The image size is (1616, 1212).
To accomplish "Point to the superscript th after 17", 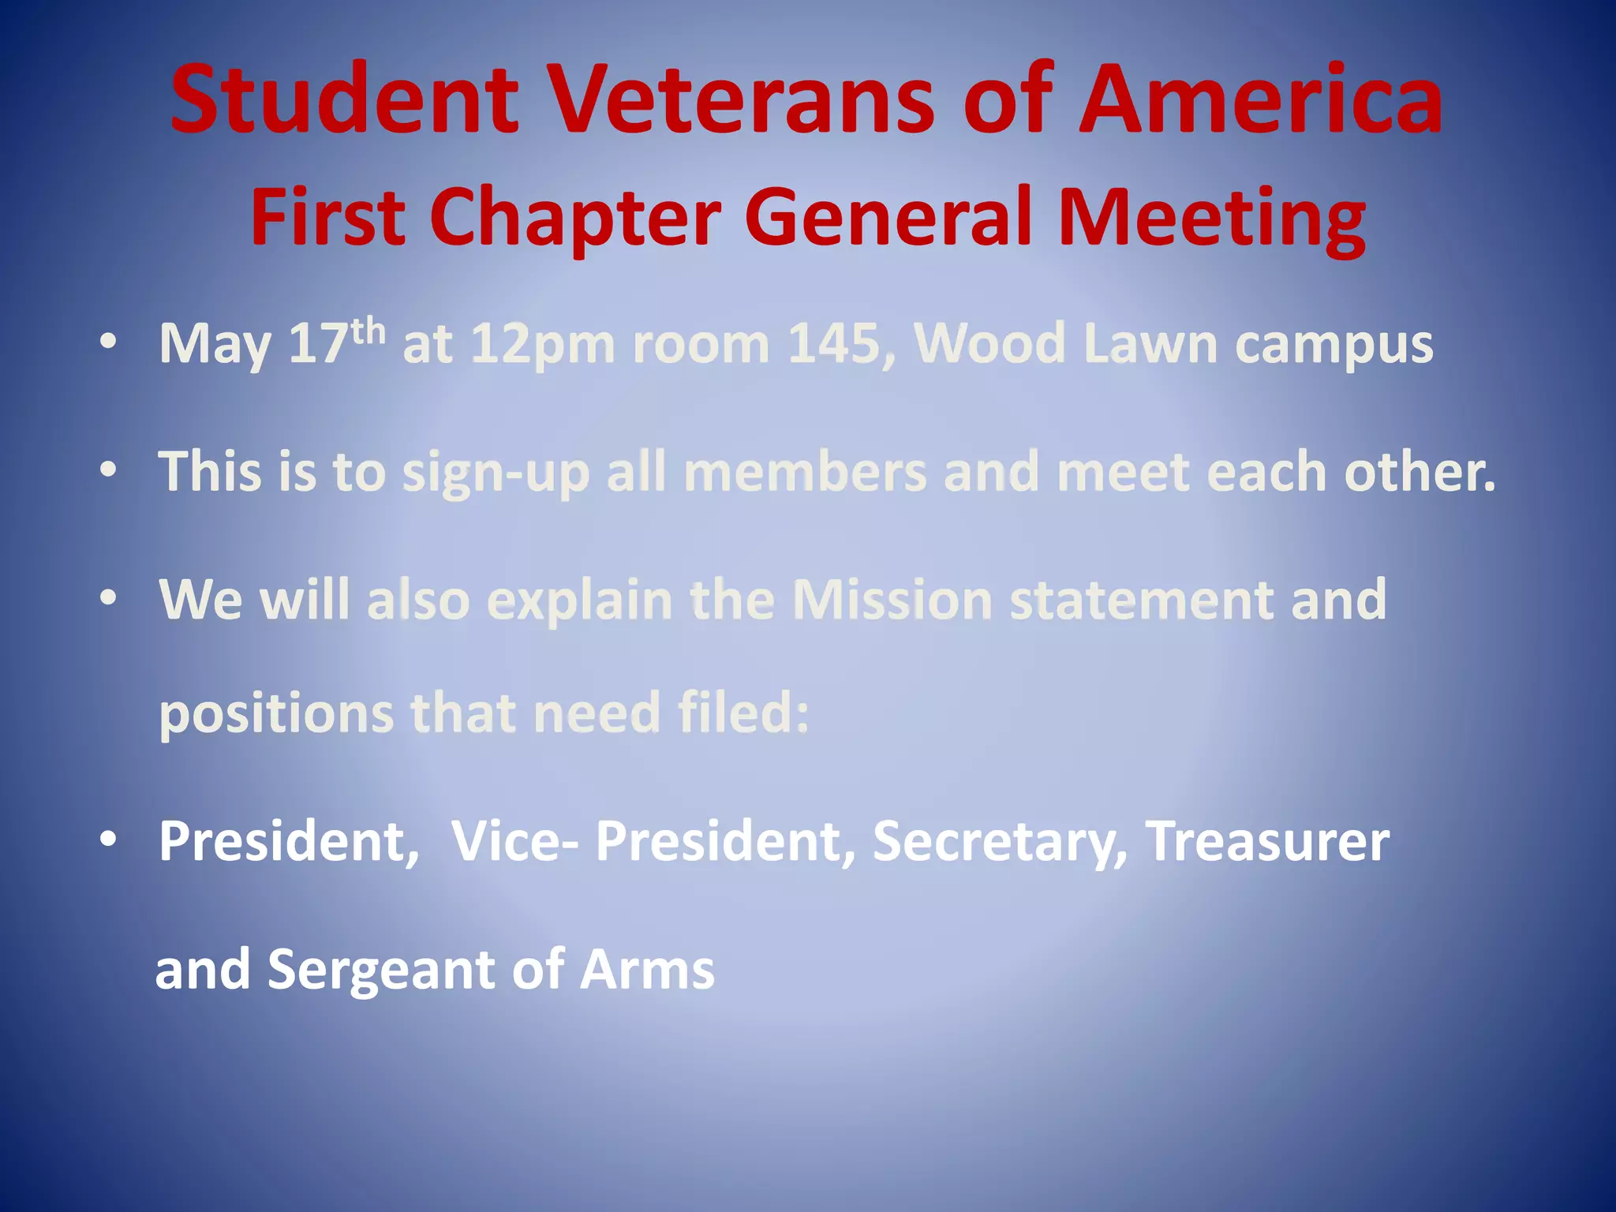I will [x=368, y=331].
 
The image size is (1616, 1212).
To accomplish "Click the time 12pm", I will [x=542, y=345].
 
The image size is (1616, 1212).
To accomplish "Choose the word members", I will [x=805, y=472].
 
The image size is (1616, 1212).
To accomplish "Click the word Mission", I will [x=892, y=600].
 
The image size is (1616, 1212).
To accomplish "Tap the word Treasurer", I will [x=1267, y=841].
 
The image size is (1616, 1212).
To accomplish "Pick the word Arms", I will [x=647, y=969].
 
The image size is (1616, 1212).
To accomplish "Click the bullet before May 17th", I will [x=108, y=343].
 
